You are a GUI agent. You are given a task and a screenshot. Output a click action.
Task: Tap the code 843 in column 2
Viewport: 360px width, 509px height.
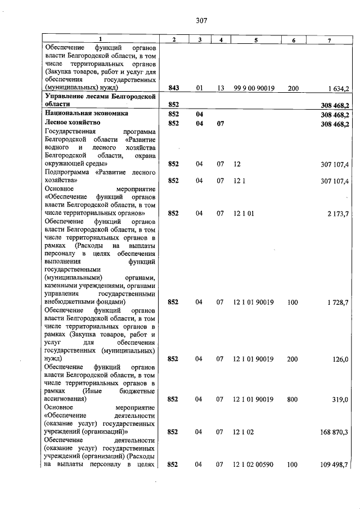pyautogui.click(x=173, y=88)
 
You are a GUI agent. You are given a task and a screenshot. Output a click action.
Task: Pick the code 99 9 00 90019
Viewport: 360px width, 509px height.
pyautogui.click(x=254, y=88)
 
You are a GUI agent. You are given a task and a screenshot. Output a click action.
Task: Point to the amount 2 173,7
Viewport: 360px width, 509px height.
pyautogui.click(x=339, y=214)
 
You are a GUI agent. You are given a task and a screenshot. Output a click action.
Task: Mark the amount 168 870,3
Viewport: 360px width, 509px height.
pyautogui.click(x=336, y=431)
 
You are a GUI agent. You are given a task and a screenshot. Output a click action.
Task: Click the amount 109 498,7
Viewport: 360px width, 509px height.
pyautogui.click(x=336, y=464)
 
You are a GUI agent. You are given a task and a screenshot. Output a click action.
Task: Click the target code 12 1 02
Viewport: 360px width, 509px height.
pyautogui.click(x=244, y=431)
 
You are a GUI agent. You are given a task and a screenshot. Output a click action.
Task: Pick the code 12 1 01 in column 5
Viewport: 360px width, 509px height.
pyautogui.click(x=244, y=214)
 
